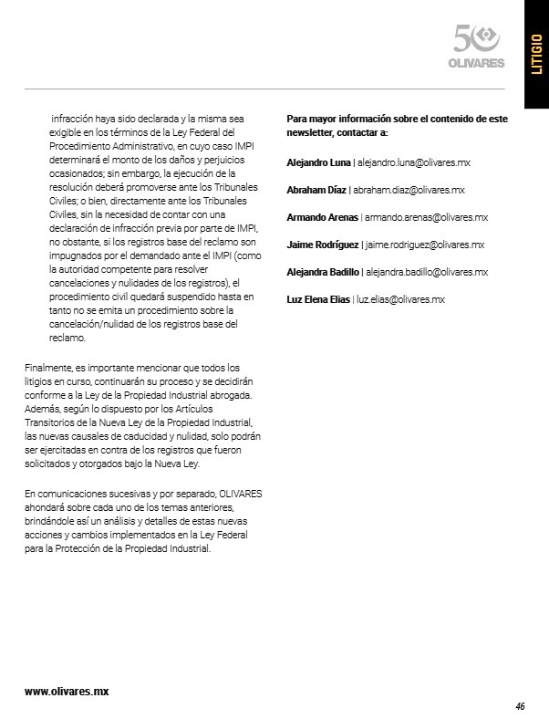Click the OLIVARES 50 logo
tap(478, 47)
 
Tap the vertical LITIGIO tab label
tap(535, 55)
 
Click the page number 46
tap(520, 706)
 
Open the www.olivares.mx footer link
tap(67, 692)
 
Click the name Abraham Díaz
tap(316, 190)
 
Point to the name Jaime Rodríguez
tap(322, 245)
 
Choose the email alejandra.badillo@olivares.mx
tap(427, 272)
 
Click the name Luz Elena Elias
tap(318, 299)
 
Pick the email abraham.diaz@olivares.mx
tap(409, 190)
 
